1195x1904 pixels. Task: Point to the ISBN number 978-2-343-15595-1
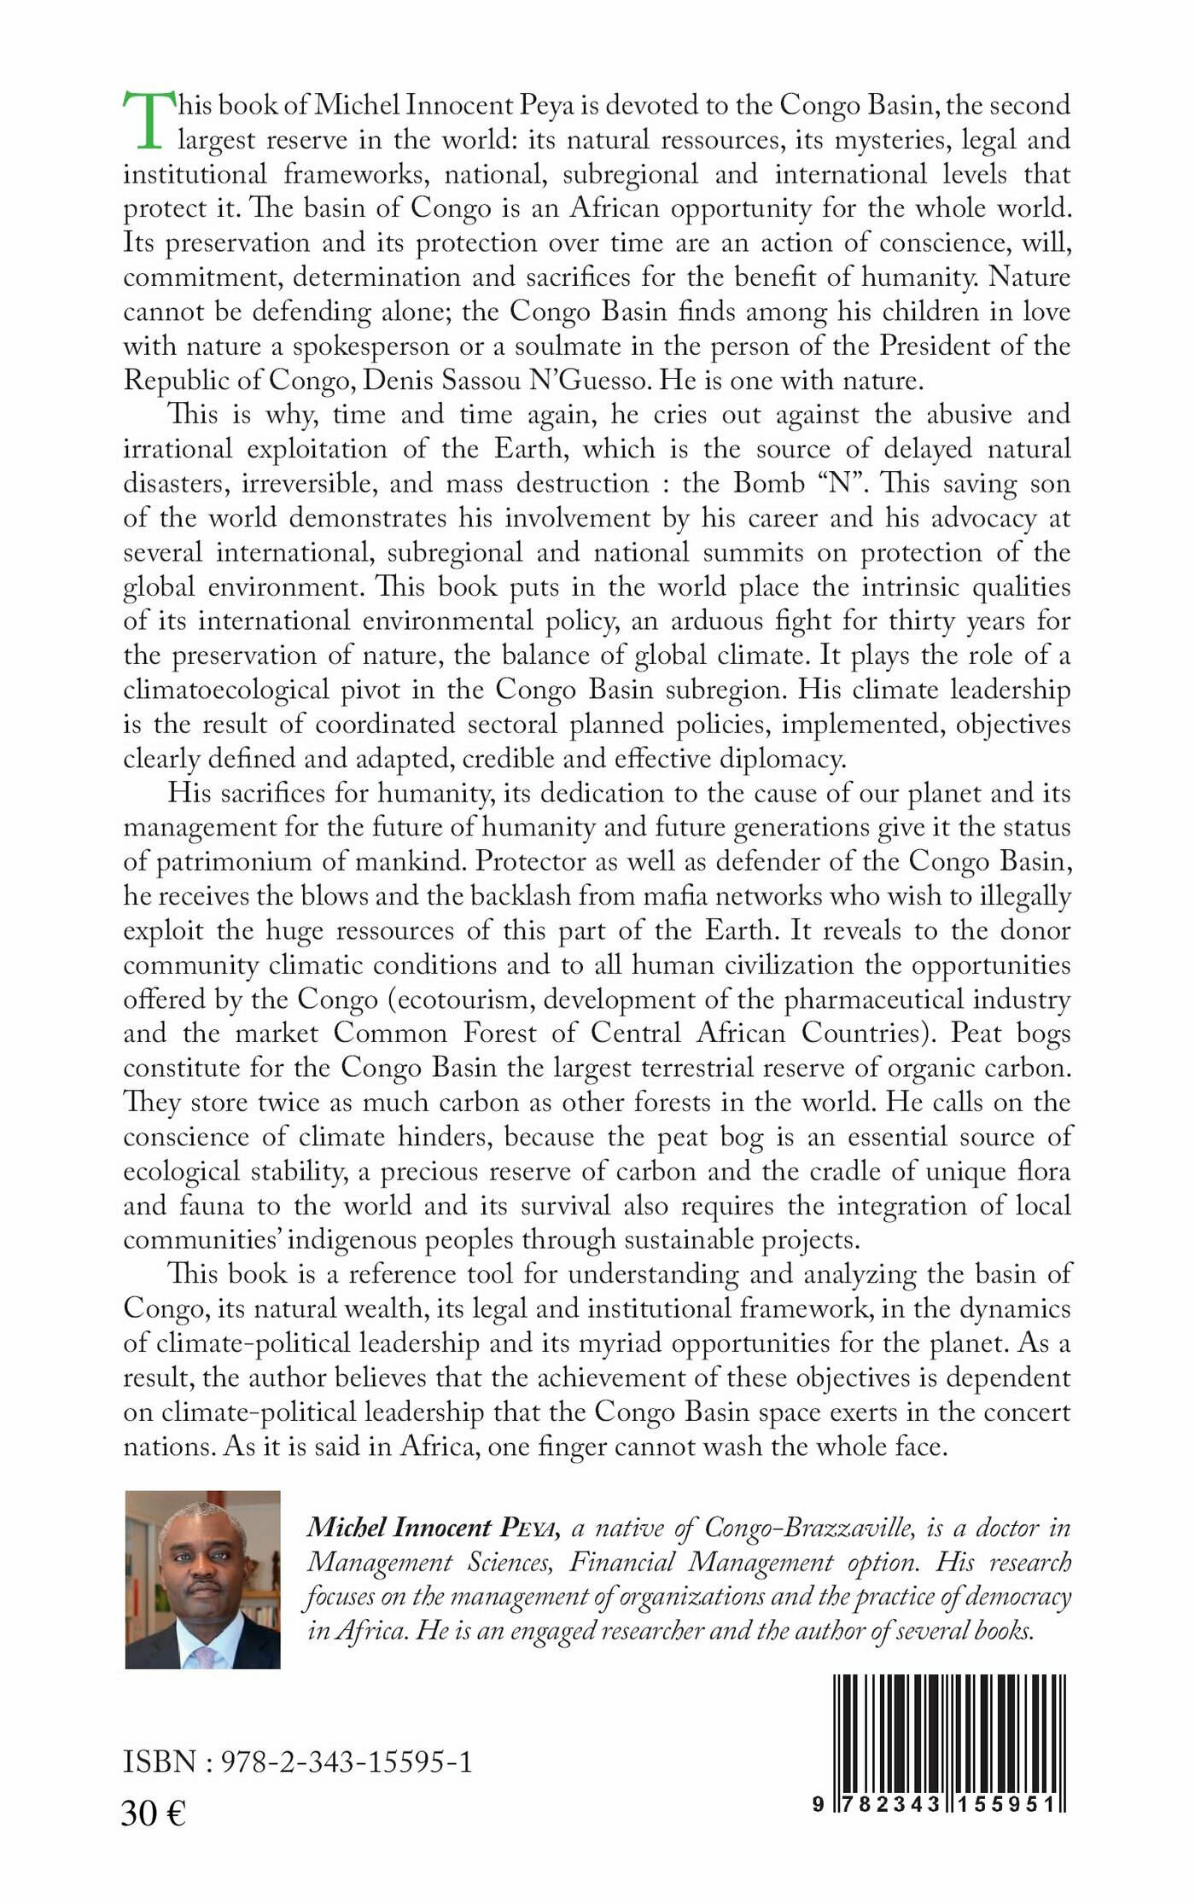pos(347,1761)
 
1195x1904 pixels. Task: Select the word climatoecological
pos(226,690)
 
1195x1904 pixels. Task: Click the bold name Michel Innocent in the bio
pos(399,1528)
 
